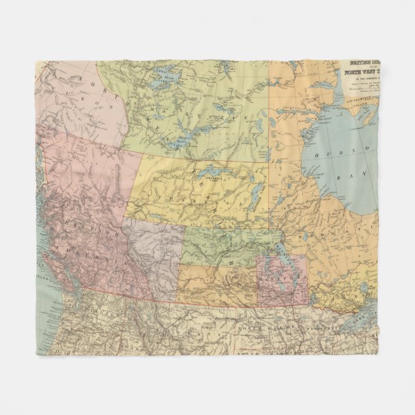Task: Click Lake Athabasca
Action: [213, 173]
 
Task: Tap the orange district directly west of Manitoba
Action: [216, 284]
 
